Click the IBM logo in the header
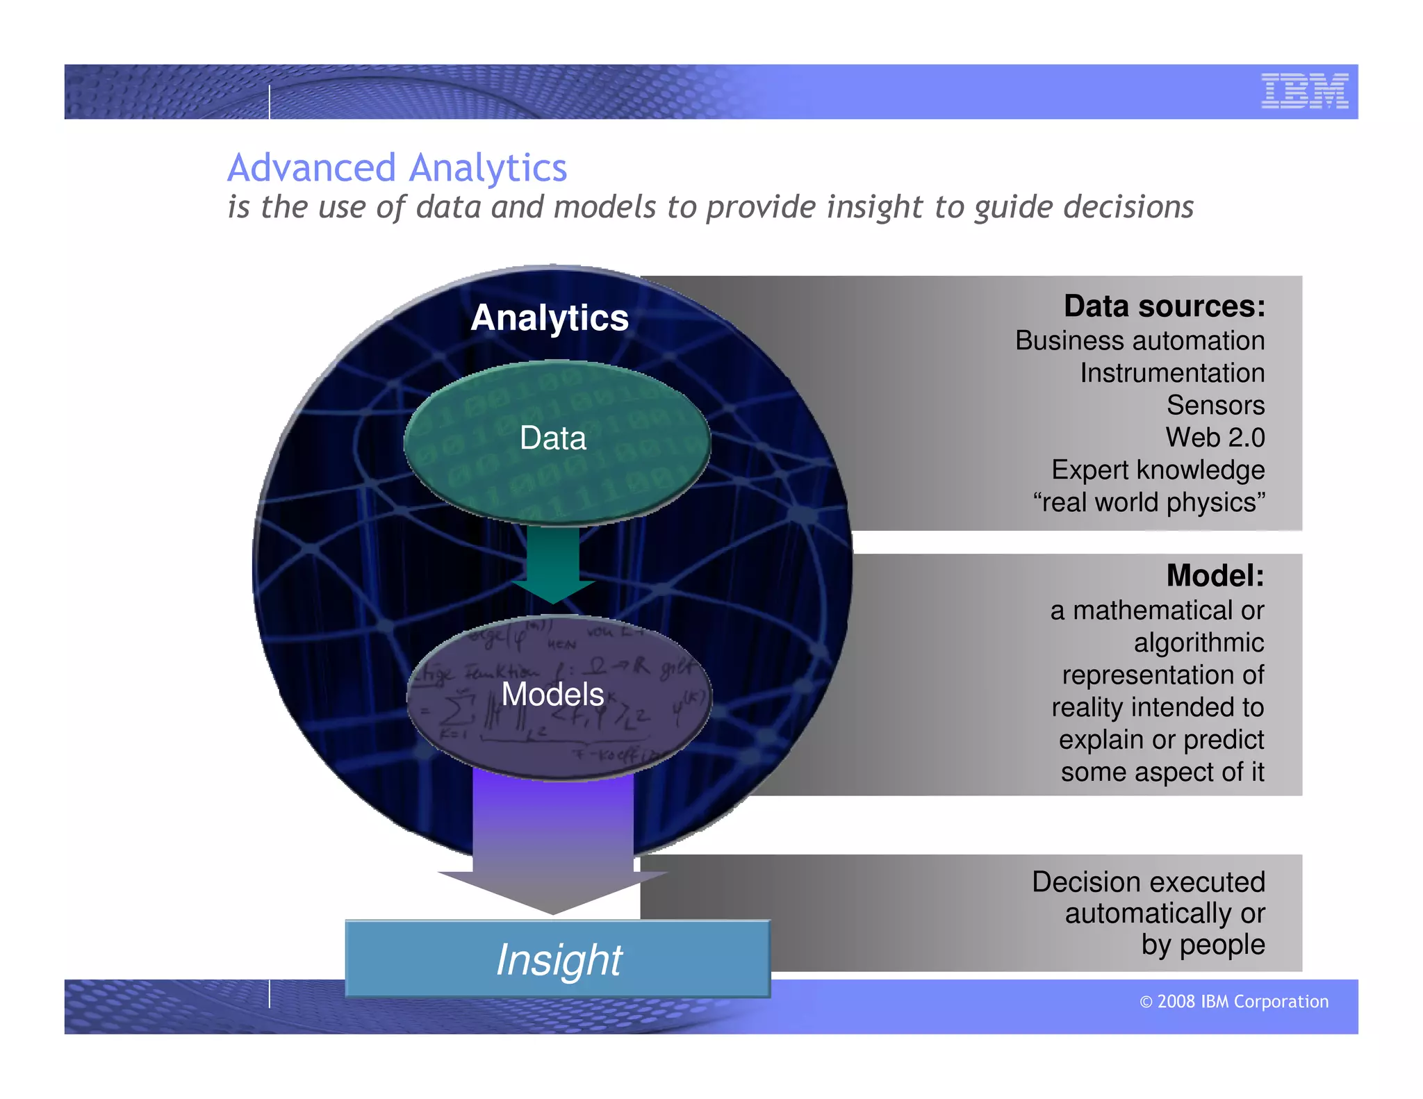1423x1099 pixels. point(1304,91)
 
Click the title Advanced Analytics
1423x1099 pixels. point(397,168)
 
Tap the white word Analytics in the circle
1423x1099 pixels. point(549,318)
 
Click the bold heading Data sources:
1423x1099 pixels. point(1164,306)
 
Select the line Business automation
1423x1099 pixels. point(1140,341)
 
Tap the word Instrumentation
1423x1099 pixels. point(1171,374)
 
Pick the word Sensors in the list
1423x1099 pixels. point(1215,406)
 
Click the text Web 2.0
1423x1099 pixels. point(1215,438)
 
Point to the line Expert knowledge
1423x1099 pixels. point(1158,470)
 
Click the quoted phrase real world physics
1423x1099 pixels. point(1149,502)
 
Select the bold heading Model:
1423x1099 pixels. point(1215,576)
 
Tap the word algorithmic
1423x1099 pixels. point(1199,643)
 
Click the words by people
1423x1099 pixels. point(1203,945)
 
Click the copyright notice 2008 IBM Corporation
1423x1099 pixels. point(1234,1002)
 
